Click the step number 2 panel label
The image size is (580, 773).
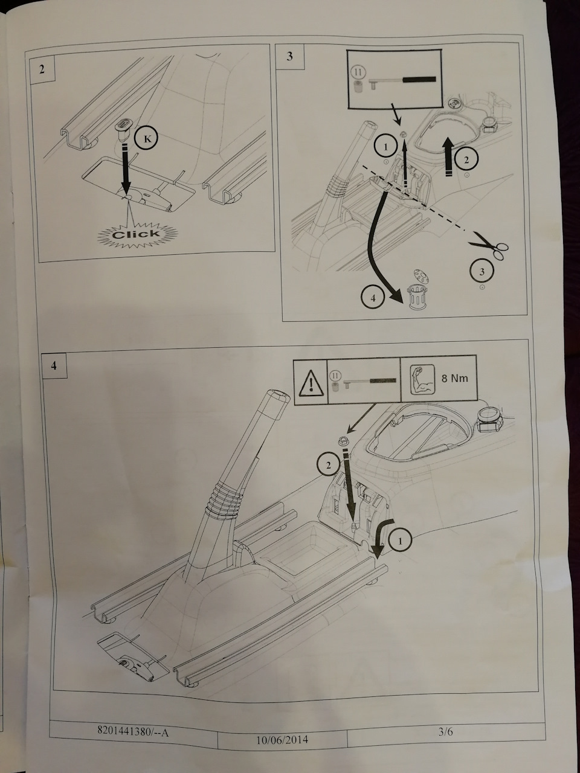tap(42, 68)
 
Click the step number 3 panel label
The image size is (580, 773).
tap(290, 57)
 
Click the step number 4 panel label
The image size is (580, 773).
tap(54, 366)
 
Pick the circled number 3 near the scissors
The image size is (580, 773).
tap(482, 272)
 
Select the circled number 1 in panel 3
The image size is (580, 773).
tap(385, 146)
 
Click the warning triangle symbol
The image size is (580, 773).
tap(310, 380)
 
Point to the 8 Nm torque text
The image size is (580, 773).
tap(454, 379)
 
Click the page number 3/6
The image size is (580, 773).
tap(446, 733)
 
